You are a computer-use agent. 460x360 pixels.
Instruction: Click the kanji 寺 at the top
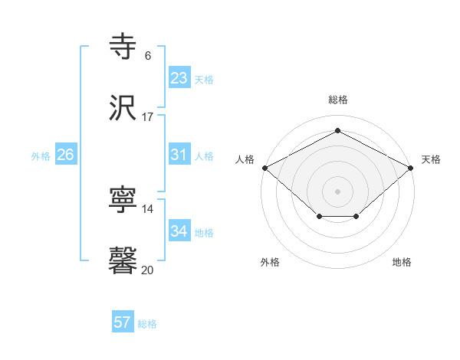123,47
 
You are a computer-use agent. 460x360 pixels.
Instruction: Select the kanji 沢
123,108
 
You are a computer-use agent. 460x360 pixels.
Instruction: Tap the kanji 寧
123,201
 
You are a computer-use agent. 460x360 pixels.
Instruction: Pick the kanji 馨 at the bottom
123,260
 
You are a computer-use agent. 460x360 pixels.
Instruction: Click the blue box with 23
179,78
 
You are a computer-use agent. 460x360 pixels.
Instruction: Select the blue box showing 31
179,155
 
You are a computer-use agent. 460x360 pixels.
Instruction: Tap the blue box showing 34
179,231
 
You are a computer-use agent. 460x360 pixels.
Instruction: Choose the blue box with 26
65,155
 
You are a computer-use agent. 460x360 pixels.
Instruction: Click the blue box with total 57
122,322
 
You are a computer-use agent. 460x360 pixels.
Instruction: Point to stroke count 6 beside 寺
148,56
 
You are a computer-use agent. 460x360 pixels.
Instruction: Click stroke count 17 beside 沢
148,117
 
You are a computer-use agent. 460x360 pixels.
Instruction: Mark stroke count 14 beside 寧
148,209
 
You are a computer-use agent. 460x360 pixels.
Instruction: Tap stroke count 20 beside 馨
148,270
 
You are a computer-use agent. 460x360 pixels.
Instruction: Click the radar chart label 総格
337,100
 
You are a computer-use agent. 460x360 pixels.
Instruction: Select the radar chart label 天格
432,159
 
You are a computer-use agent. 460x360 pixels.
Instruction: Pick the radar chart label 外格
270,262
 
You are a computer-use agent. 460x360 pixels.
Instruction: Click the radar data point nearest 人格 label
264,167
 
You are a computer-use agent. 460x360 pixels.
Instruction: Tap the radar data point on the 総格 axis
337,130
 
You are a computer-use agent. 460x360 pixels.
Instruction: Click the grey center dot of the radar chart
337,191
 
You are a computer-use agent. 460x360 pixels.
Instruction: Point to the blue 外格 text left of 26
41,155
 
